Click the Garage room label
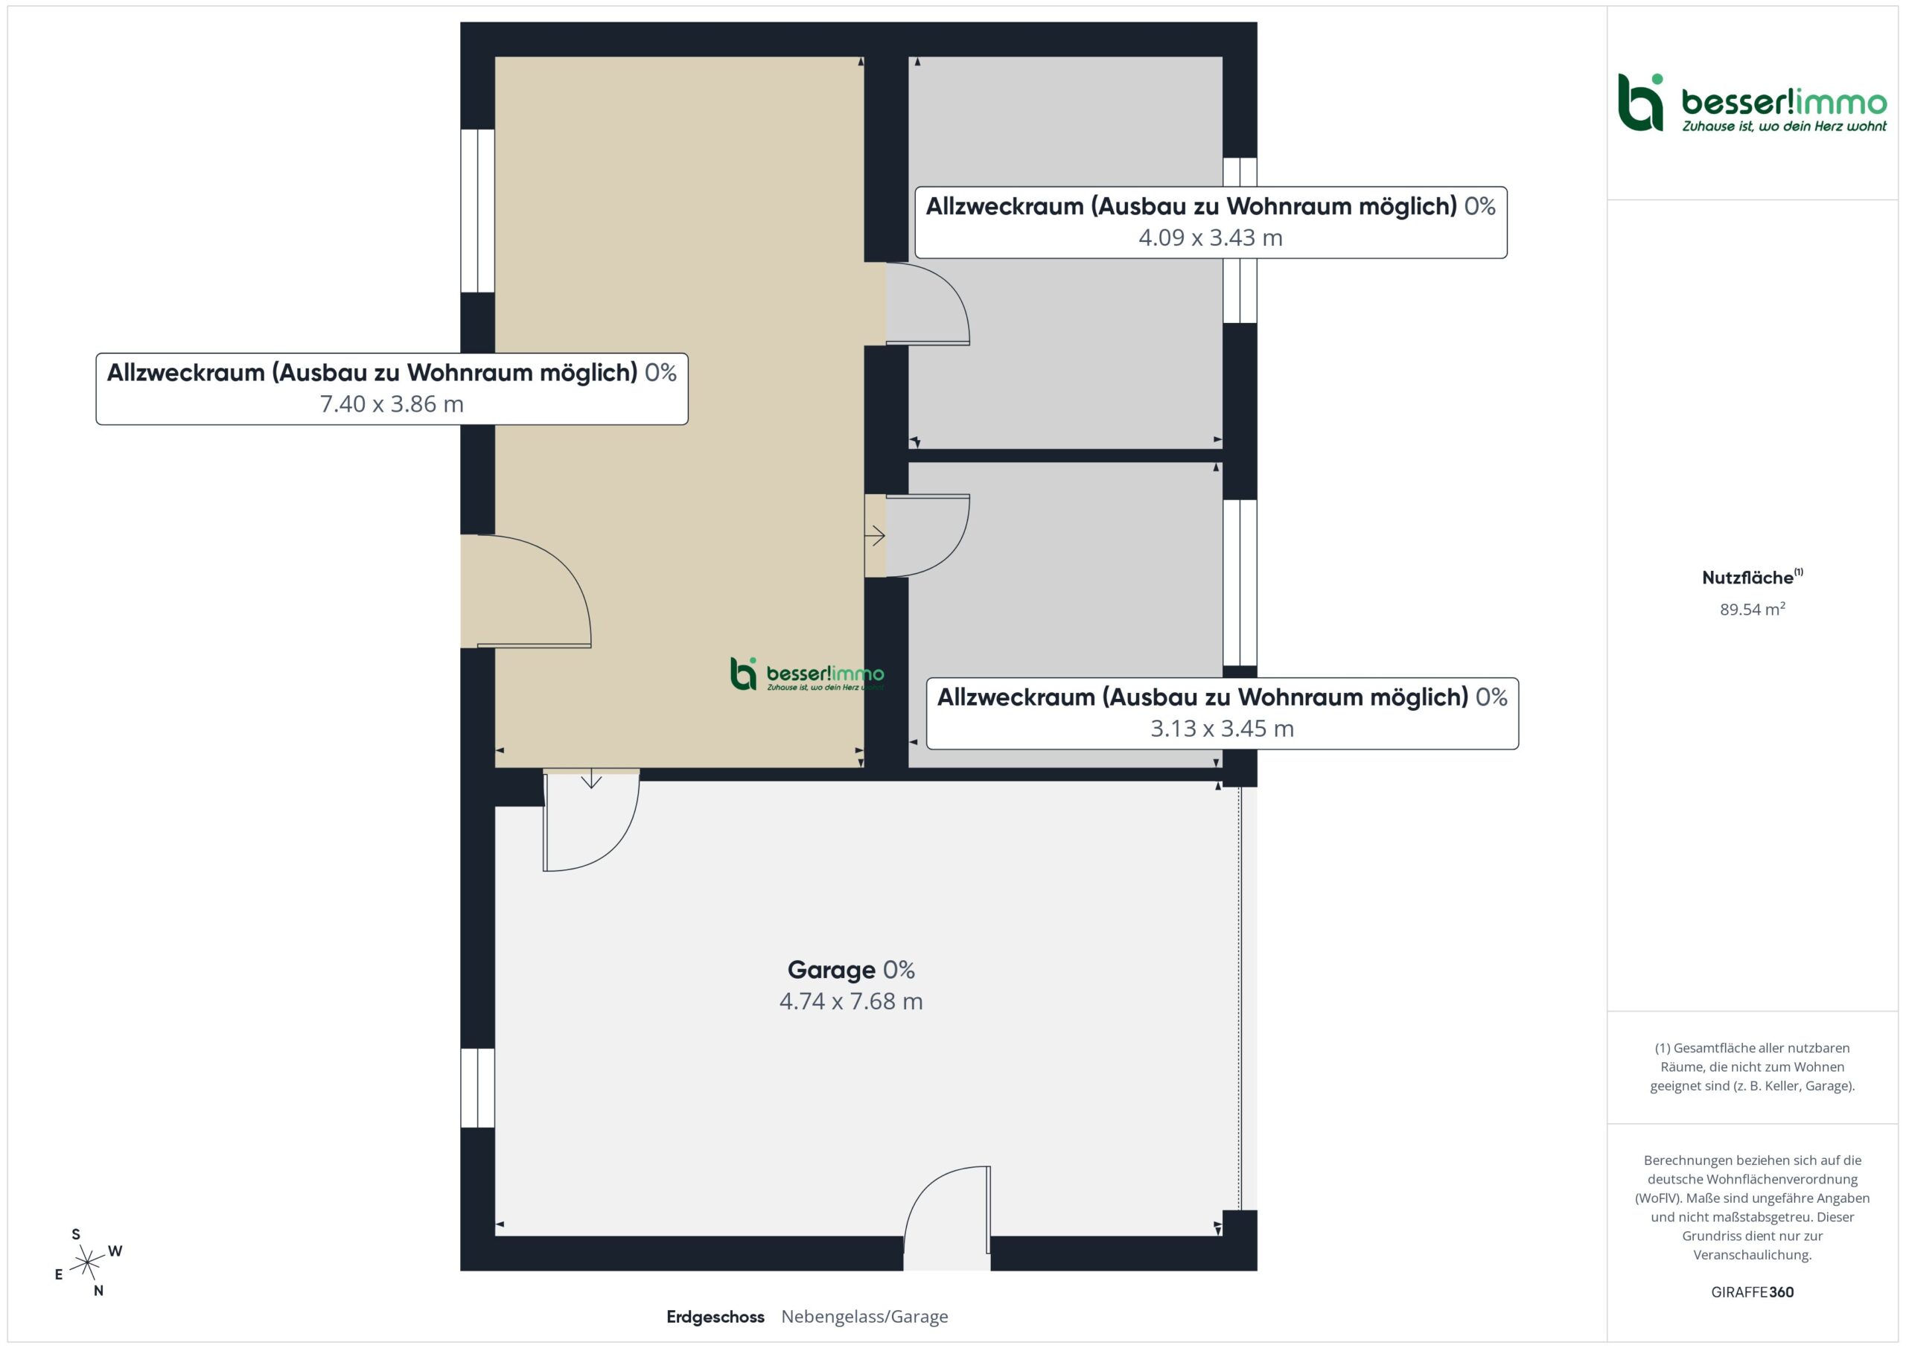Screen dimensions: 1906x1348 (x=831, y=969)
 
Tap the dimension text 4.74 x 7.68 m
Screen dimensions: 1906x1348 (x=851, y=1001)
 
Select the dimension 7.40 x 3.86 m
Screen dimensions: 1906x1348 (x=392, y=404)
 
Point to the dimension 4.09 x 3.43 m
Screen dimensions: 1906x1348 (x=1211, y=237)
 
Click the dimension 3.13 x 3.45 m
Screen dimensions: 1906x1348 (x=1222, y=729)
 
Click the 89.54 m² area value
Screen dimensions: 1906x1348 (x=1753, y=610)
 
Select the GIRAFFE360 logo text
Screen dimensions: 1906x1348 (x=1753, y=1292)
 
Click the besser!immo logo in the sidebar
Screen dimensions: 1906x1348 (x=1753, y=103)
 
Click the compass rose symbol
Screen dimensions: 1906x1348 (x=87, y=1263)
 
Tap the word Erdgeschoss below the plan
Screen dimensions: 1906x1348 (x=715, y=1317)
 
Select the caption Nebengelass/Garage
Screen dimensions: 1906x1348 (x=864, y=1317)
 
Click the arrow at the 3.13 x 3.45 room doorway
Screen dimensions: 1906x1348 (x=875, y=536)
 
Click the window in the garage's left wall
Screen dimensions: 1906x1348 (x=477, y=1087)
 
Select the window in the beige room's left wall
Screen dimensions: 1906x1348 (x=477, y=211)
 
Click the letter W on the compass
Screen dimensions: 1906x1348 (x=115, y=1251)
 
